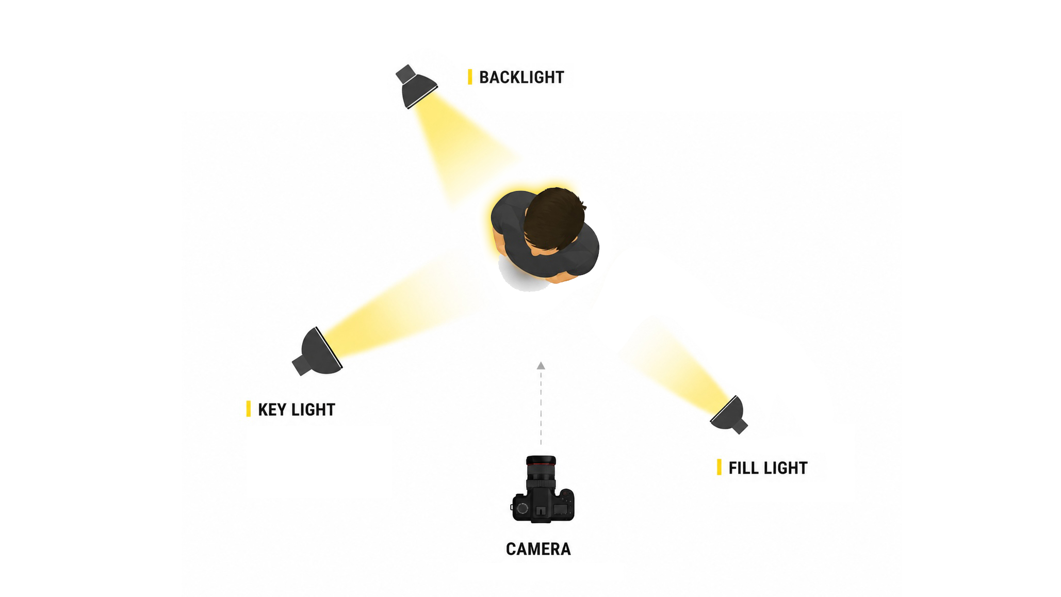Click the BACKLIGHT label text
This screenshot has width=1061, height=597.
coord(521,77)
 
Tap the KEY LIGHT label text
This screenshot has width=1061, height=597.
coord(297,410)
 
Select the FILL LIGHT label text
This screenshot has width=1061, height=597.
coord(768,468)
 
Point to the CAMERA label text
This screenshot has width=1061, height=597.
coord(538,549)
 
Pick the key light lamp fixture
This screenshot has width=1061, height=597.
coord(318,351)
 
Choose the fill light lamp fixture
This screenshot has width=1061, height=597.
coord(729,415)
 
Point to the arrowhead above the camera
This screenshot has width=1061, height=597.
coord(541,365)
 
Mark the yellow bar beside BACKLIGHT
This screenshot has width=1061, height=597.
coord(470,77)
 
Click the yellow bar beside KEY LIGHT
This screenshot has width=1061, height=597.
coord(249,409)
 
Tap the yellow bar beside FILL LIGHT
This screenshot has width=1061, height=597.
coord(720,467)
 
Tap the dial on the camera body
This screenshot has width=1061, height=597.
coord(522,509)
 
